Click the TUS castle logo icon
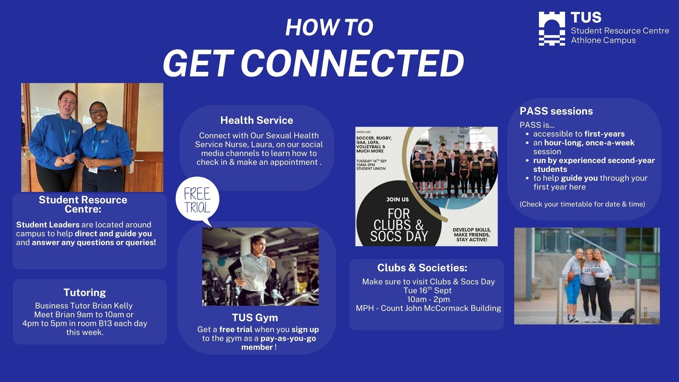552,28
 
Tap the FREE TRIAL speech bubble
197,201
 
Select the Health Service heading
257,120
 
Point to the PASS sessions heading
556,111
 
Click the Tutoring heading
85,293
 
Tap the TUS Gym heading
255,318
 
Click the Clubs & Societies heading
422,268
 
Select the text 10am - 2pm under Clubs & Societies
428,299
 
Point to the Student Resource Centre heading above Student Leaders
83,204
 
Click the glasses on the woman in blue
97,111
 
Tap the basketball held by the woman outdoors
569,276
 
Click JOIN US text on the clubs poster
397,199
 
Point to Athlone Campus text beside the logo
603,40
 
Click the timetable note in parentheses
582,204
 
